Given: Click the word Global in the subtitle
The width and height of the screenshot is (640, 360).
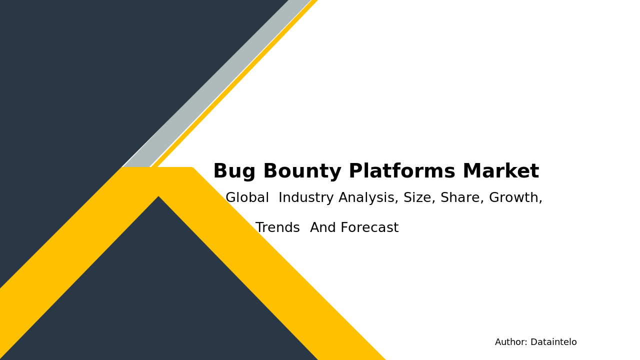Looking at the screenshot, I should pyautogui.click(x=247, y=198).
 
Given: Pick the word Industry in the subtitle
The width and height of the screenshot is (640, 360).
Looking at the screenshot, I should pyautogui.click(x=306, y=198).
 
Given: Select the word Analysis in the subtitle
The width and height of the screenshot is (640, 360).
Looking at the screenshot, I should pyautogui.click(x=368, y=198).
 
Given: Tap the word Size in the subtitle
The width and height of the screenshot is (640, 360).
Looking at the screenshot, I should pyautogui.click(x=419, y=198).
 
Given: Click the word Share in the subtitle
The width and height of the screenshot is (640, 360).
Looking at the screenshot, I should pyautogui.click(x=461, y=198).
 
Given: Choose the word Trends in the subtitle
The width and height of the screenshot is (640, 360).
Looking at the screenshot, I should pyautogui.click(x=277, y=228).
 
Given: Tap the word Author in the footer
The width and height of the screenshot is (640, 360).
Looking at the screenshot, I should pyautogui.click(x=510, y=342).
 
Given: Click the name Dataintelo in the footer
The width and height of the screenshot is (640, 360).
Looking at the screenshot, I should pyautogui.click(x=553, y=342).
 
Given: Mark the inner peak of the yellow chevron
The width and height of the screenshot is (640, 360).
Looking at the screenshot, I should pyautogui.click(x=158, y=197).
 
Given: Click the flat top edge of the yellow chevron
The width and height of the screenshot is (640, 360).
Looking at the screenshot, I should pyautogui.click(x=157, y=168).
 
